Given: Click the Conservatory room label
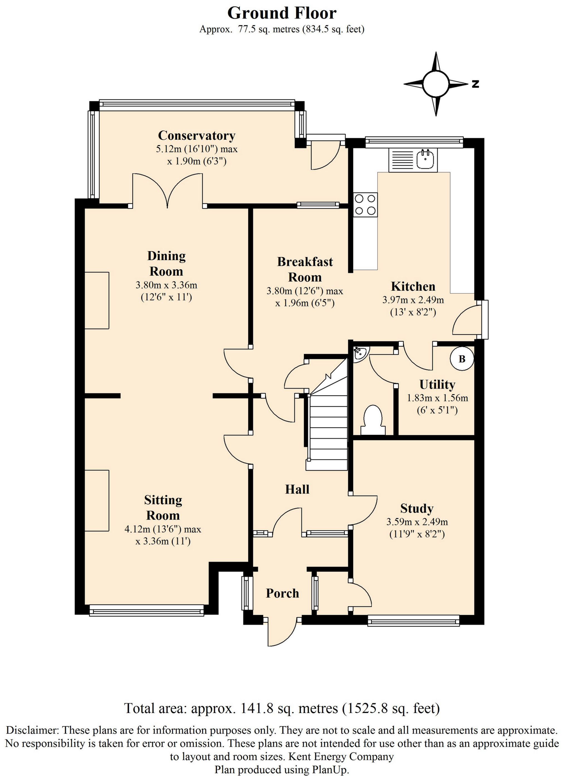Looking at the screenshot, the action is pyautogui.click(x=197, y=136).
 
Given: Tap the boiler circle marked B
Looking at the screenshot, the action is pyautogui.click(x=462, y=359).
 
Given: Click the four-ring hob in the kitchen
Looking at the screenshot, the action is pyautogui.click(x=365, y=205).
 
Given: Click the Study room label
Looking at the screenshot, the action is pyautogui.click(x=417, y=508).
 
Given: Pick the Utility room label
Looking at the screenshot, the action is pyautogui.click(x=437, y=385).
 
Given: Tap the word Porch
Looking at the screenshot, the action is pyautogui.click(x=282, y=593).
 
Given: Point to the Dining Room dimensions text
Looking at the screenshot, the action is pyautogui.click(x=167, y=291).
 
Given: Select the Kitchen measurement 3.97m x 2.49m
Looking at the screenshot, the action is pyautogui.click(x=413, y=300).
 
